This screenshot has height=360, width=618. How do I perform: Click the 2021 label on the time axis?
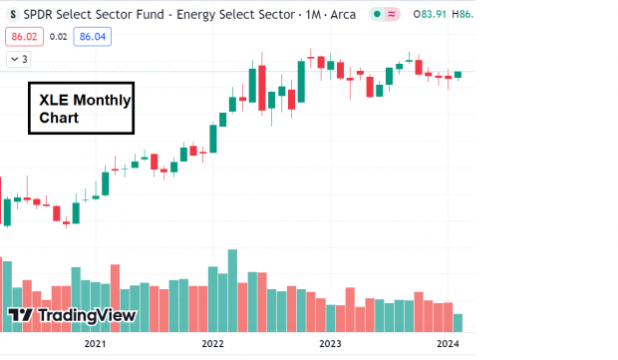click(95, 344)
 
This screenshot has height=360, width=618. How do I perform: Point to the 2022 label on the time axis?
click(212, 344)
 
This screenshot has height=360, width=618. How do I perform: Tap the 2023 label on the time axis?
click(330, 344)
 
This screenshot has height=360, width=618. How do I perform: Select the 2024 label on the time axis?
click(448, 344)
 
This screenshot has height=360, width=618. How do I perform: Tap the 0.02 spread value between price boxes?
click(58, 36)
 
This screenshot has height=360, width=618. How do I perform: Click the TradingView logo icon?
click(21, 316)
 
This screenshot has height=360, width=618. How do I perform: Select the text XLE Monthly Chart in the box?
click(80, 109)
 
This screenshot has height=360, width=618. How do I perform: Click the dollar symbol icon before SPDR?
click(12, 14)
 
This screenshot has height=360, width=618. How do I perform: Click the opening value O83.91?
click(434, 14)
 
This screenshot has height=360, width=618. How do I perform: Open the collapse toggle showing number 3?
click(18, 59)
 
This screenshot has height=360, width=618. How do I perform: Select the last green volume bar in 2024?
click(458, 322)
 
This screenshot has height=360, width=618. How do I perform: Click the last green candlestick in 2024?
click(458, 74)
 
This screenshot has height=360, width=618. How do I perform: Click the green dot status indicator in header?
click(374, 14)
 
